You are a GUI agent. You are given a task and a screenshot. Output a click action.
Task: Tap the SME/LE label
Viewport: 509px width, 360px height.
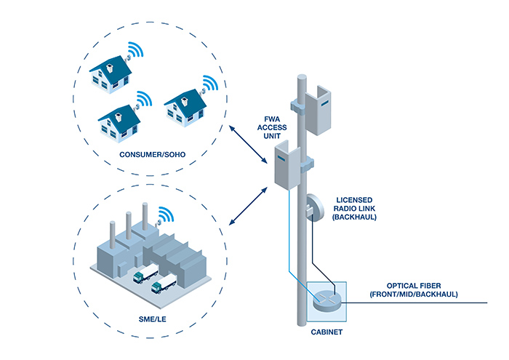130,318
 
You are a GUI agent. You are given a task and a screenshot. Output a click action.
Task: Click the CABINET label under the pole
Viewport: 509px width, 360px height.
326,332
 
